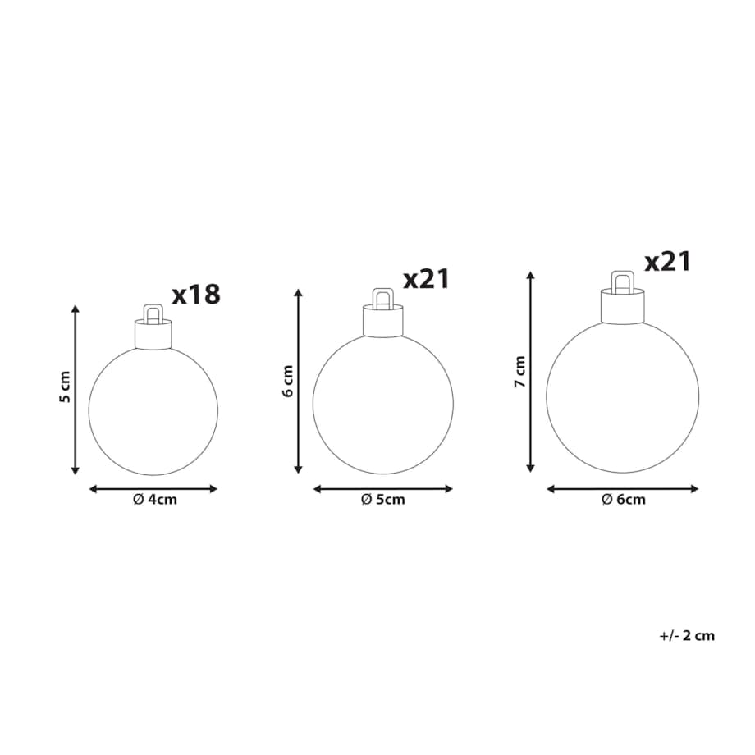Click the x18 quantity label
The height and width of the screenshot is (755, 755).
coord(196,294)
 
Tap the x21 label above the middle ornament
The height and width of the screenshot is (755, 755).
coord(427,278)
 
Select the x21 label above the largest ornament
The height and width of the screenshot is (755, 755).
coord(668,262)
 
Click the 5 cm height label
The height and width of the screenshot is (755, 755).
coord(65,387)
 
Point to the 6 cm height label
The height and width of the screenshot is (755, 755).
coord(288,381)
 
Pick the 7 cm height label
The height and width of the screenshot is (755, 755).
coord(519,372)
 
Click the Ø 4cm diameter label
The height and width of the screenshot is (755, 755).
coord(155,500)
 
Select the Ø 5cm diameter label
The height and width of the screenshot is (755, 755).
coord(383,500)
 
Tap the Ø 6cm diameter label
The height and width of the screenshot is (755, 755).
coord(624,500)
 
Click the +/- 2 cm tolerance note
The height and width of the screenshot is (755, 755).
coord(687,635)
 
